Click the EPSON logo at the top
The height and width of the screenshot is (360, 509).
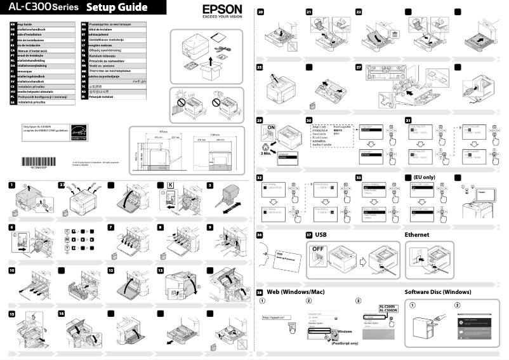click(x=222, y=10)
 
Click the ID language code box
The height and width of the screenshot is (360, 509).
click(x=84, y=96)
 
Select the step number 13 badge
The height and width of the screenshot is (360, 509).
click(x=161, y=270)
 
